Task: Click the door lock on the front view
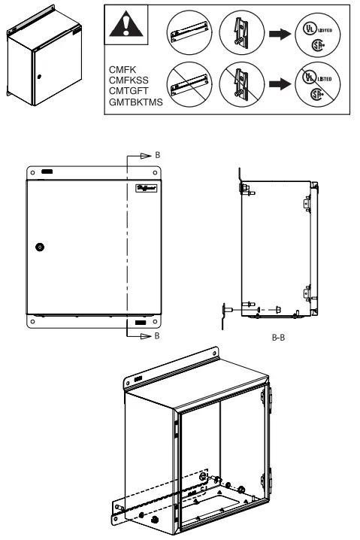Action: [x=40, y=247]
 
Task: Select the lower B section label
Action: [x=157, y=337]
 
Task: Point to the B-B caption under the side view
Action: [x=277, y=339]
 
